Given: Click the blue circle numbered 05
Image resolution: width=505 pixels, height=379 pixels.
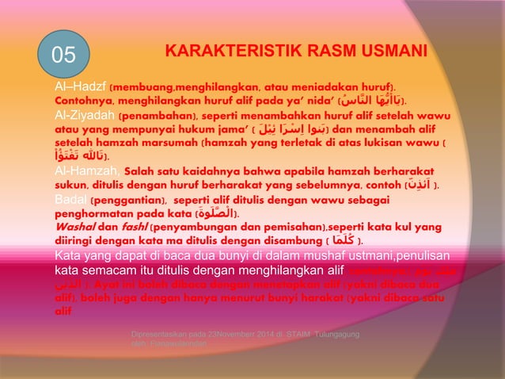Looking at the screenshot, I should [x=64, y=55].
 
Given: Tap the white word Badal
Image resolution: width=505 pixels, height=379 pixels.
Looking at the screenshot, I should [x=70, y=200].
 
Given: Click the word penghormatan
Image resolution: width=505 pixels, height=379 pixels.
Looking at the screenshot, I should [x=96, y=214].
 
